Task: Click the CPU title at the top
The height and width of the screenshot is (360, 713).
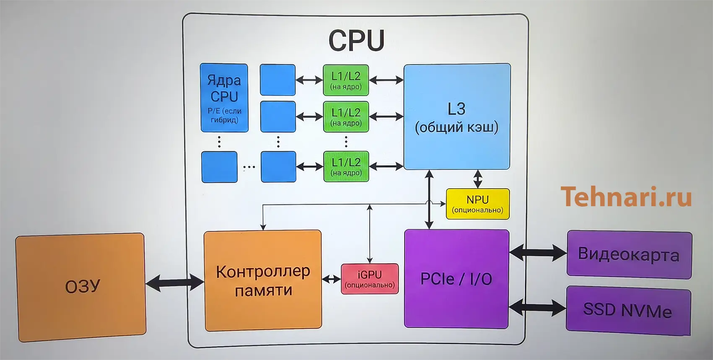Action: point(356,41)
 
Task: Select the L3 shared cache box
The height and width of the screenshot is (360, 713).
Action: point(457,117)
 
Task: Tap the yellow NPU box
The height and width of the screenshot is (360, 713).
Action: point(477,204)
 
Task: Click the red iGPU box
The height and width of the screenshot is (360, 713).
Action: point(370,279)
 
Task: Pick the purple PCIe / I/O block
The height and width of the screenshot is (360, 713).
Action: point(456,279)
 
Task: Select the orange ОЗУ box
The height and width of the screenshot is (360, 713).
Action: point(82,287)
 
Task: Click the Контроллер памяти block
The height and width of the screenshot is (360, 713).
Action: point(263,280)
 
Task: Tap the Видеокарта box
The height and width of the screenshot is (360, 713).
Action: point(629,254)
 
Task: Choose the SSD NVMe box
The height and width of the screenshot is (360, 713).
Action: point(627,310)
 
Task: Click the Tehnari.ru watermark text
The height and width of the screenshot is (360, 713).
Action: point(626,197)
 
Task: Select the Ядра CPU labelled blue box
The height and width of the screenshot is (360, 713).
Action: point(224,98)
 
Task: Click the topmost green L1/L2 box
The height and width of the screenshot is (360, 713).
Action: point(346,80)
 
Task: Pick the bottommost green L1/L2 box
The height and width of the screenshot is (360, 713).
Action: point(346,166)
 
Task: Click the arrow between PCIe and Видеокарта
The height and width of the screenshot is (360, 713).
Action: point(538,253)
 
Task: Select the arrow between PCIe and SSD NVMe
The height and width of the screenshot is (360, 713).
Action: point(537,308)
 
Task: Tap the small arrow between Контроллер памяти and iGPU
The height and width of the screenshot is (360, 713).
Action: point(331,279)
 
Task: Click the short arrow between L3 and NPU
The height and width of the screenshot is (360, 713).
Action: point(477,179)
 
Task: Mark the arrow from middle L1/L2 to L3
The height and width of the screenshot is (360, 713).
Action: point(386,117)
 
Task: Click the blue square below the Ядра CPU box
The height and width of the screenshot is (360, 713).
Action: point(219,167)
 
